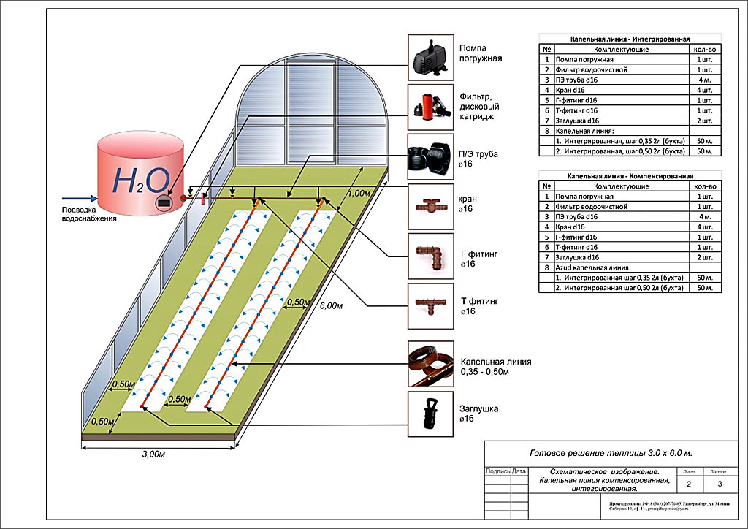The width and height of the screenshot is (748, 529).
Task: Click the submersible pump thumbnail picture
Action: tap(428, 56)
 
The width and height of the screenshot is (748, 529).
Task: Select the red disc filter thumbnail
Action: tap(428, 106)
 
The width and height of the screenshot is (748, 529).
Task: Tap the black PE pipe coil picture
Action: tap(428, 156)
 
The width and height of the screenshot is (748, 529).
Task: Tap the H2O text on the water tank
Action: tap(142, 179)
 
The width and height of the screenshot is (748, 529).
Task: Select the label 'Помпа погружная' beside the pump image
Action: tap(480, 53)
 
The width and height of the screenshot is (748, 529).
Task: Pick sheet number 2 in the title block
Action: tap(688, 484)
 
